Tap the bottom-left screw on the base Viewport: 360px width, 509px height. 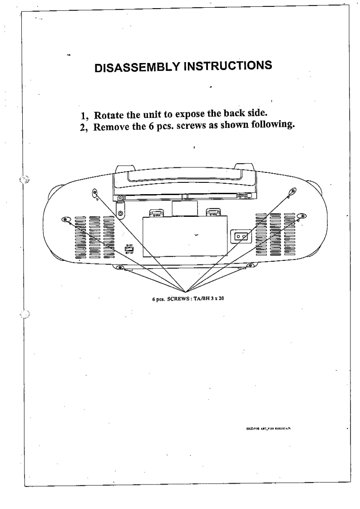[x=120, y=267]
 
